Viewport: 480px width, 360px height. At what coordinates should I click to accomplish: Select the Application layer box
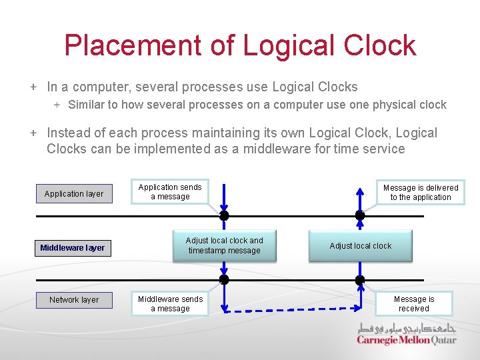(x=74, y=194)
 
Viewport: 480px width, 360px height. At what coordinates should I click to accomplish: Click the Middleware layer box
(x=72, y=248)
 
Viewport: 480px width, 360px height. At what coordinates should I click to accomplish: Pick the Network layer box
(x=74, y=300)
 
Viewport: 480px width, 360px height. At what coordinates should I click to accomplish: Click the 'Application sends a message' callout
(x=170, y=192)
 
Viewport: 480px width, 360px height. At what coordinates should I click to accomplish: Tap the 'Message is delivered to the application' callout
(x=421, y=193)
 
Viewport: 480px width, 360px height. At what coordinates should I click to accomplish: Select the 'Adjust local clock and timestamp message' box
(x=224, y=246)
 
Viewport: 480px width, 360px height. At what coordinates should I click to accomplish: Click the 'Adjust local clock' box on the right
(x=360, y=246)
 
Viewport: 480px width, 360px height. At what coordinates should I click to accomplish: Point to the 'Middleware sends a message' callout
(x=170, y=304)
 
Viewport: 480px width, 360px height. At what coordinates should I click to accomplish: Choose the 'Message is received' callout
(x=413, y=304)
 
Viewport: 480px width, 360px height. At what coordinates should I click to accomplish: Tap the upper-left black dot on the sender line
(x=224, y=215)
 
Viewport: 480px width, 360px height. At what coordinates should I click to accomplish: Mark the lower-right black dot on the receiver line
(x=360, y=280)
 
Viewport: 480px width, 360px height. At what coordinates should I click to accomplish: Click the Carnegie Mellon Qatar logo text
(x=406, y=341)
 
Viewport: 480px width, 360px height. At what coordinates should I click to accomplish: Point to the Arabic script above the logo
(x=406, y=329)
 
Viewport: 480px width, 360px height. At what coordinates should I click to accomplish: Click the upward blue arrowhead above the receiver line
(x=360, y=191)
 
